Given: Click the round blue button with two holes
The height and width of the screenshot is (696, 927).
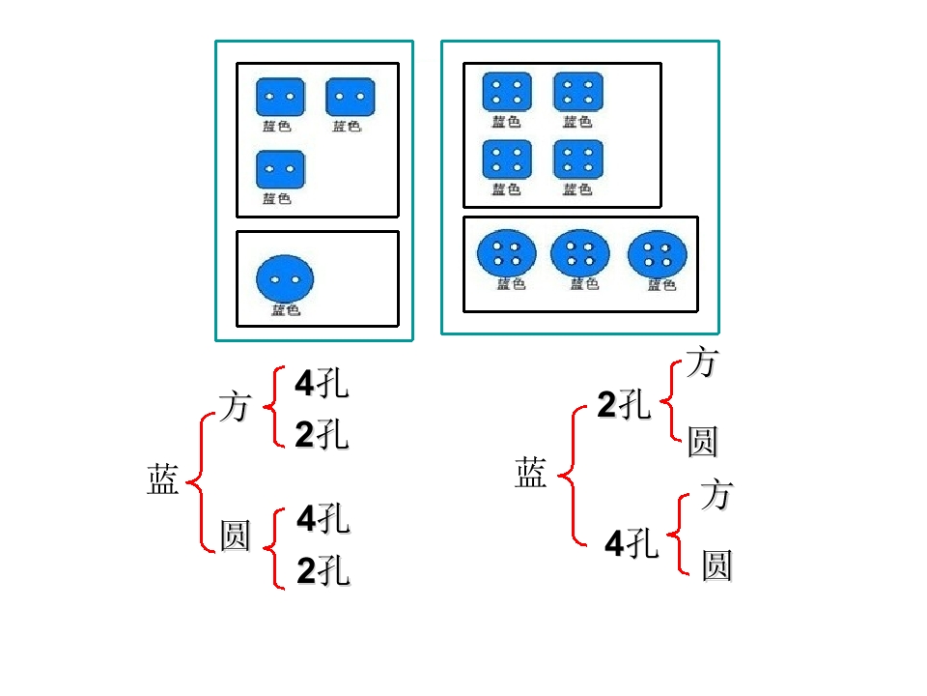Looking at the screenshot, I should [285, 278].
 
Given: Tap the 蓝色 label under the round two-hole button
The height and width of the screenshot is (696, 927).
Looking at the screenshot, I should [285, 310].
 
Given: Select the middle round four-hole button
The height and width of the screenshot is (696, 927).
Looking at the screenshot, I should [579, 253].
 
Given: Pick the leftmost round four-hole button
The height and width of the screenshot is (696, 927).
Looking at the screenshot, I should [506, 253].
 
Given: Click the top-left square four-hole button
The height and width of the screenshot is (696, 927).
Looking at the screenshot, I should [507, 93].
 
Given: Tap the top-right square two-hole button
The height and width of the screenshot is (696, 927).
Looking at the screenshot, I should [350, 98].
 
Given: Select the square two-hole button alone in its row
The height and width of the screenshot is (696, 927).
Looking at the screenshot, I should [280, 169].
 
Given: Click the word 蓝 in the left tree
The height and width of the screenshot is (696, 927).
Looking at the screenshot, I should [163, 479].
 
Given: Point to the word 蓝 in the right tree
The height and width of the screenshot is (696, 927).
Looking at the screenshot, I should [530, 473].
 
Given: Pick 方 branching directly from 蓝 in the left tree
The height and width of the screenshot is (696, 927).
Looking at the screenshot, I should [235, 407].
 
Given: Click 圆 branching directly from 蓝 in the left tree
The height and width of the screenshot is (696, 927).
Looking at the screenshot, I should [235, 535].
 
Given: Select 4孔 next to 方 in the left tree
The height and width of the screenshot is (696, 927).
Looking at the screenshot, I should [322, 385].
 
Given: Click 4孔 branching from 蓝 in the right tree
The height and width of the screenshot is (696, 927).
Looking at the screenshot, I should [632, 544].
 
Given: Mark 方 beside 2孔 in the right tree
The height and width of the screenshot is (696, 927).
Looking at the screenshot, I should [701, 363].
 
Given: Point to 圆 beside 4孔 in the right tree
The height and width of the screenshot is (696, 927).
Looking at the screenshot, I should [716, 565].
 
